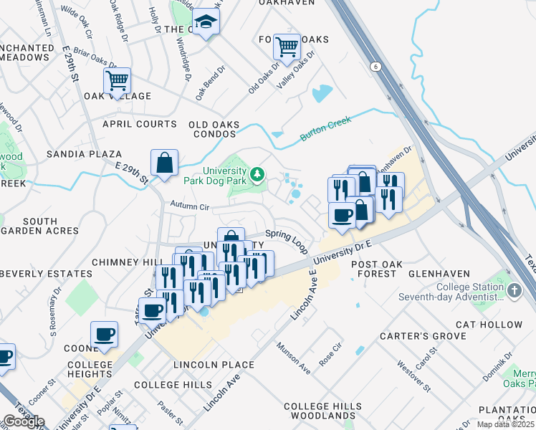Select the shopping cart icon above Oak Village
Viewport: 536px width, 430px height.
117,80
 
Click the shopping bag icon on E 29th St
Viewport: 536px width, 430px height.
164,162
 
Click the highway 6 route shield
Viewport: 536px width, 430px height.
375,66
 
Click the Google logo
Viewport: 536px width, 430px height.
24,421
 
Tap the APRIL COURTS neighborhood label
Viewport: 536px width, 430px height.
139,124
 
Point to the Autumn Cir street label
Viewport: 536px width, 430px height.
188,206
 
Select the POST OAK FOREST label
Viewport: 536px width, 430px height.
373,269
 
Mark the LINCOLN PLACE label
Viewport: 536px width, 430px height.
214,365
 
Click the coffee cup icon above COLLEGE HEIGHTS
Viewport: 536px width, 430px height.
104,335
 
